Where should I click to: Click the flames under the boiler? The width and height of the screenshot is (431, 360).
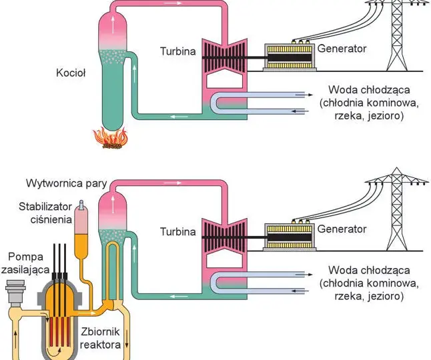point(111,138)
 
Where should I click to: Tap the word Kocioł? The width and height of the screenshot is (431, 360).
point(71,73)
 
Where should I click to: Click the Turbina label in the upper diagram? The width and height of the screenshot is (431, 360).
point(178,51)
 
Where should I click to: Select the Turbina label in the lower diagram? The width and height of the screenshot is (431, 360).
point(178,232)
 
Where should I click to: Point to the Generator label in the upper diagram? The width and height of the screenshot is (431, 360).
point(342,49)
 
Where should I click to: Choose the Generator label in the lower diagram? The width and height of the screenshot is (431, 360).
point(342,229)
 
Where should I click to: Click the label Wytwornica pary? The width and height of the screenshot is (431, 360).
point(67,183)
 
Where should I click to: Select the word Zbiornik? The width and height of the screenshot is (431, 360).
point(100,332)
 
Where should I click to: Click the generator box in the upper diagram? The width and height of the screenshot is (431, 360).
point(290,57)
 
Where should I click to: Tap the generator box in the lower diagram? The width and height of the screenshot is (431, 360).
point(290,237)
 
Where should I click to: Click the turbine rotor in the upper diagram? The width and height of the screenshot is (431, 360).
point(225,57)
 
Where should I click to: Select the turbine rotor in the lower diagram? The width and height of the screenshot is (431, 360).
point(225,237)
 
